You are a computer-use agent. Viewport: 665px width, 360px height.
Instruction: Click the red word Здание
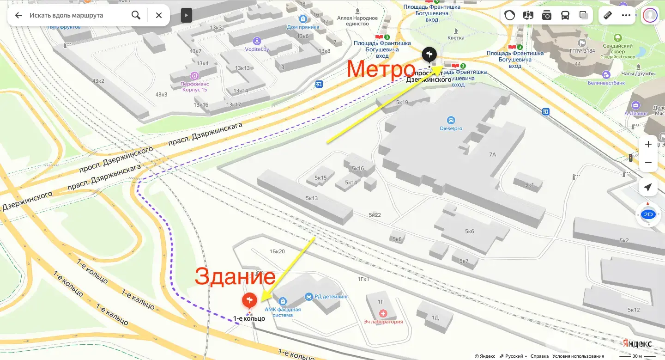pos(235,277)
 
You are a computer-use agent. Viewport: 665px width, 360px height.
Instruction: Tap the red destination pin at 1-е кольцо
pos(249,301)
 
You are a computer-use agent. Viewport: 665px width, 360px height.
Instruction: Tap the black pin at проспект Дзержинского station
pos(429,54)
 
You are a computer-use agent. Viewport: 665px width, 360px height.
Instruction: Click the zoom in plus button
pos(648,145)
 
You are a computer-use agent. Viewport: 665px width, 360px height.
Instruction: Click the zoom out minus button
pos(648,163)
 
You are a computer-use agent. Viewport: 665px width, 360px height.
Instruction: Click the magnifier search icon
pos(136,15)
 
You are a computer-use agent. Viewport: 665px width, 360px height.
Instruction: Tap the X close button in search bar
pos(159,15)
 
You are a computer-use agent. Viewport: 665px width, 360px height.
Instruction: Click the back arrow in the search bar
pos(18,15)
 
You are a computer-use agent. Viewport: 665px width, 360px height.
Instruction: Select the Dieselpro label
pos(451,128)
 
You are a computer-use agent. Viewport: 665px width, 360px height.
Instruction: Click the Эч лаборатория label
pos(383,322)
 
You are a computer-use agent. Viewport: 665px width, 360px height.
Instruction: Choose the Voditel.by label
pos(257,49)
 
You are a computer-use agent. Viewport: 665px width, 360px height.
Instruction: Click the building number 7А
pos(492,154)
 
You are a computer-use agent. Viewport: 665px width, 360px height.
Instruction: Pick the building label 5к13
pos(312,198)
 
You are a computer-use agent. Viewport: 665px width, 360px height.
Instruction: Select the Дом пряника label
pos(303,27)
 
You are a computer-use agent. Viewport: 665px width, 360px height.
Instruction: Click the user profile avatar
pos(650,15)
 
